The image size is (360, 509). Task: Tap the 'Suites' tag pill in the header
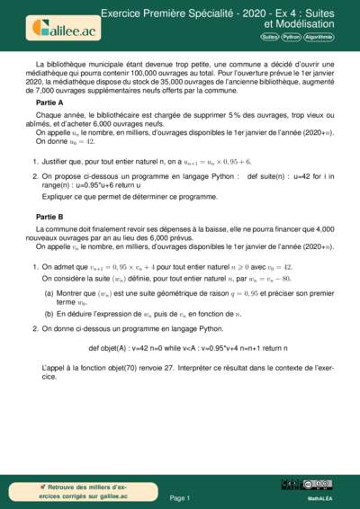click(x=269, y=37)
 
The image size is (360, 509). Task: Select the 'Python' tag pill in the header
click(x=292, y=37)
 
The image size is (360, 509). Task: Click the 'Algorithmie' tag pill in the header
click(x=319, y=37)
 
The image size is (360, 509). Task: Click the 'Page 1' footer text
click(x=179, y=496)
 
